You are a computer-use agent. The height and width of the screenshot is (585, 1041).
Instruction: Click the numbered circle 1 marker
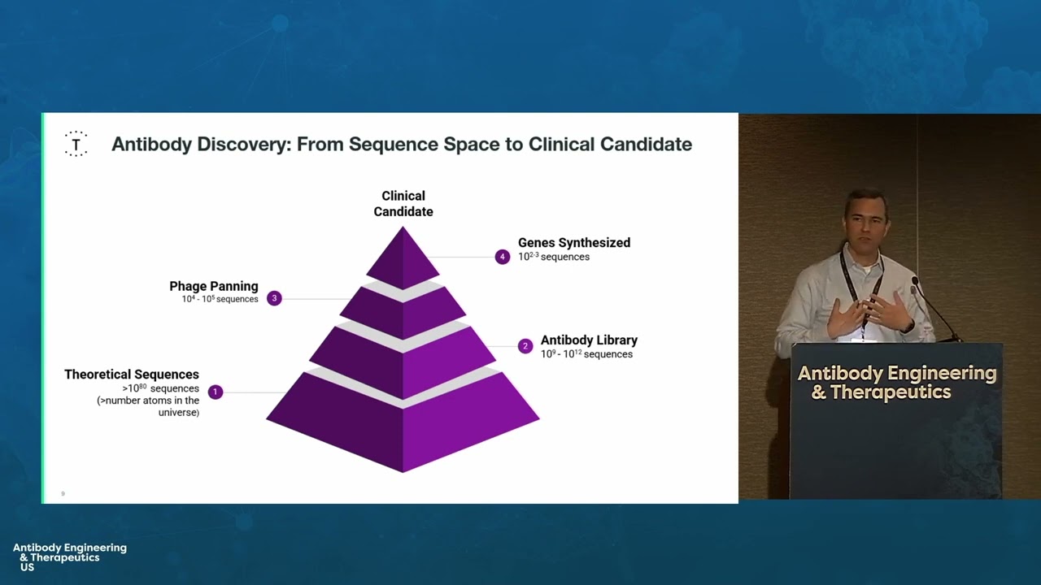[215, 392]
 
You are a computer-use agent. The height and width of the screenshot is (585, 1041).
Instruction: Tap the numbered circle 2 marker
[525, 346]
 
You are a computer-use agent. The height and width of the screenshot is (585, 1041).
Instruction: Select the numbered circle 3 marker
[274, 298]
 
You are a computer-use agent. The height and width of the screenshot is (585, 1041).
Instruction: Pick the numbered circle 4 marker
[503, 257]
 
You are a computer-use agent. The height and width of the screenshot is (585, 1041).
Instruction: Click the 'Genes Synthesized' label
[573, 242]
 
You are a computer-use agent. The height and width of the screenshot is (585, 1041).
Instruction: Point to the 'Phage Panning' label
[214, 286]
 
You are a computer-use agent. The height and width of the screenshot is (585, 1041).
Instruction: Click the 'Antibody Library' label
[589, 340]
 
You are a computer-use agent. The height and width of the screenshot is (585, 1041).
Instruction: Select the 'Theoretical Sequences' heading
[132, 375]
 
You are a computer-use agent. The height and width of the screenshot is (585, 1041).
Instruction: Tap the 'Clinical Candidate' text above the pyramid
[403, 203]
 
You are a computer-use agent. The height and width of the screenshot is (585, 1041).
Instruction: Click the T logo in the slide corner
[76, 144]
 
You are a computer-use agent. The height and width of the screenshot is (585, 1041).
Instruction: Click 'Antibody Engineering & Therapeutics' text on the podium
[896, 383]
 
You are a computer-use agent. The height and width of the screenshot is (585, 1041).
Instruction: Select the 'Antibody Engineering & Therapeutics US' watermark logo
[69, 557]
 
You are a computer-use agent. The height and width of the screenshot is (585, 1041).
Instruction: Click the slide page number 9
[63, 493]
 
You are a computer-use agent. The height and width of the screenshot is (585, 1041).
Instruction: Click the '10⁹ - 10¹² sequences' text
[586, 354]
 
